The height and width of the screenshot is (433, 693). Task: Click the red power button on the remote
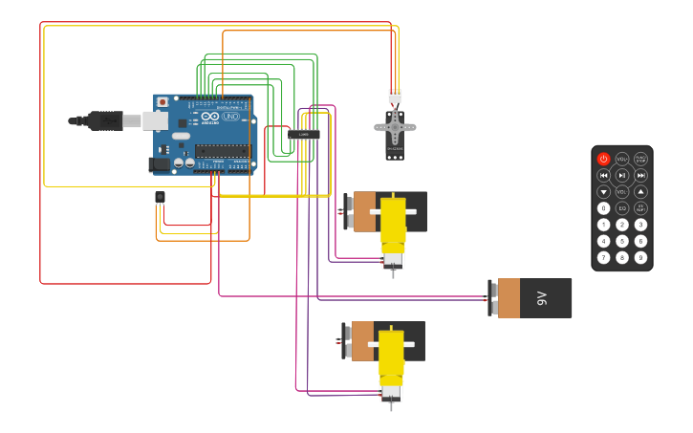pos(603,159)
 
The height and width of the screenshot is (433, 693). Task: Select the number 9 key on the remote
pos(640,257)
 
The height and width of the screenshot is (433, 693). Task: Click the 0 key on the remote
pos(603,207)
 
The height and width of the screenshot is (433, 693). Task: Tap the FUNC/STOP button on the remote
pos(640,159)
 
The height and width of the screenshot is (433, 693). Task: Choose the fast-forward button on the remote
pos(640,175)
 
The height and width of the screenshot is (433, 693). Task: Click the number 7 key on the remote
pos(603,257)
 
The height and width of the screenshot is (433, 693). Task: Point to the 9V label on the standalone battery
pos(541,298)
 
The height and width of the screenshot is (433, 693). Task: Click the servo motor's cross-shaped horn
pos(395,126)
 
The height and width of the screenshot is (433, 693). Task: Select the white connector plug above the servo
pos(395,96)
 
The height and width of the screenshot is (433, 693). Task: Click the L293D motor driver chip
pos(304,135)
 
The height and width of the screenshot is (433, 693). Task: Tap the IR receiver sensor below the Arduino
pos(160,197)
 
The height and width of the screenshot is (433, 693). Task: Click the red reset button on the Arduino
pos(162,101)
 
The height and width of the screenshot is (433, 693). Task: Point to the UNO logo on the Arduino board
pos(230,117)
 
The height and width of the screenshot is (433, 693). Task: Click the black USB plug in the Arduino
pos(105,120)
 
